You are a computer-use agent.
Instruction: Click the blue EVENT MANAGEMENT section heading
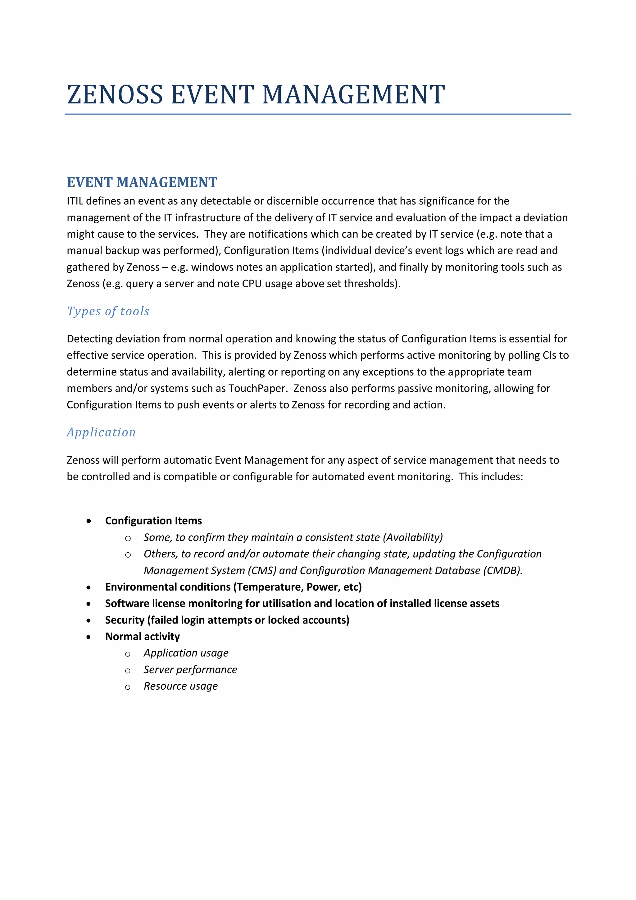142,182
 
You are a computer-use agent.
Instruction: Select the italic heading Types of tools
108,311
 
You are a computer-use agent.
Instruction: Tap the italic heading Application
101,432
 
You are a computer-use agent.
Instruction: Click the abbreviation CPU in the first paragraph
252,284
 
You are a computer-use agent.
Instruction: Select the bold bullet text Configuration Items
153,521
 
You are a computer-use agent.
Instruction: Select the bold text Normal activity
142,637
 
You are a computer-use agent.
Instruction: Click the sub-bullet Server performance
190,670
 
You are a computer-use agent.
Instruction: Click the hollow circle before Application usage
128,654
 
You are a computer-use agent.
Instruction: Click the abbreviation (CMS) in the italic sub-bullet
262,571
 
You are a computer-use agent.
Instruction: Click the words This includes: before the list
491,477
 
